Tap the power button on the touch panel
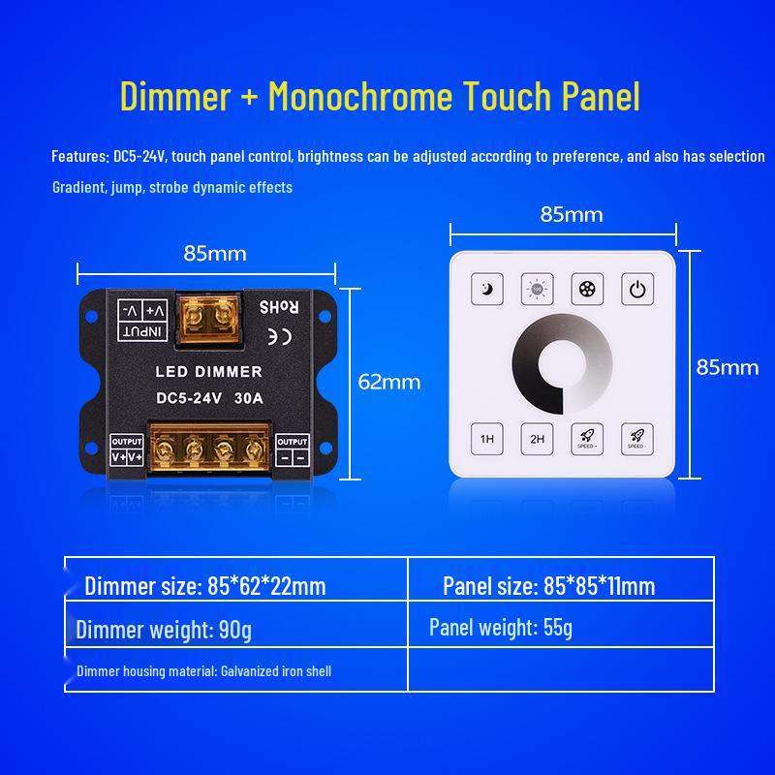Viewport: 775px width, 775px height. coord(636,288)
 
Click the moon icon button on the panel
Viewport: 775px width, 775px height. coord(488,288)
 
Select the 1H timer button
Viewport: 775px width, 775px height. coord(488,439)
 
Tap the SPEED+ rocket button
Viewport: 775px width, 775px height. coord(587,439)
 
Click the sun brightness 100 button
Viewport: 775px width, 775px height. coord(537,288)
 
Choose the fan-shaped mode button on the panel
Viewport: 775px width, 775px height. coord(587,288)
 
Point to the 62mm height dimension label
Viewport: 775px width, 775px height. coord(389,382)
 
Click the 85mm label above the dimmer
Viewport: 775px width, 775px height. coord(215,254)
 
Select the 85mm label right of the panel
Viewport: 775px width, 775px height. coord(728,366)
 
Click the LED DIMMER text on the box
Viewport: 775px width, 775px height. coord(209,372)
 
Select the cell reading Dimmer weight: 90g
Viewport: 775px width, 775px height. coord(164,631)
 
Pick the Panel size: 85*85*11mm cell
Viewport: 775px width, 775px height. coord(548,586)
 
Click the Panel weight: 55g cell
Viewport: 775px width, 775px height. coord(501,628)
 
